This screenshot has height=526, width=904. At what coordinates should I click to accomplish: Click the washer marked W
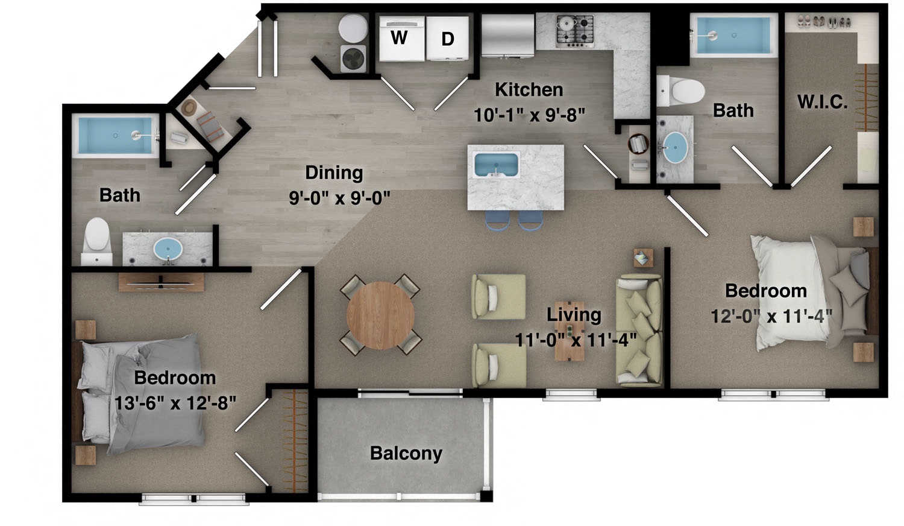400,38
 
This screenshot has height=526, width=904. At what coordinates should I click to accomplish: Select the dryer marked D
447,38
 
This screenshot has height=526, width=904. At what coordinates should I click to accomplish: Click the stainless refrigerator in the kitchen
507,34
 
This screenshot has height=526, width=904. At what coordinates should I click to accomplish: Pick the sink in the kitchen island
496,165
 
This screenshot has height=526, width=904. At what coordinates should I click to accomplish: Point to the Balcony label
406,454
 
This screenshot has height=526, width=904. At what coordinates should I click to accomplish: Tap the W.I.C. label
822,102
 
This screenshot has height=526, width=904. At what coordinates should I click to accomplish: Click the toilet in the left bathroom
96,239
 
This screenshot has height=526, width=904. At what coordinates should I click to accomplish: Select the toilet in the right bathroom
682,92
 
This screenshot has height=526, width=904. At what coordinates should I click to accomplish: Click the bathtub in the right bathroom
733,36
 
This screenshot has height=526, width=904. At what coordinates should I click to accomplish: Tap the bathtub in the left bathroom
114,136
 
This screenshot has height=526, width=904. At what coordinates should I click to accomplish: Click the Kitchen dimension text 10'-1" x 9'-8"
529,115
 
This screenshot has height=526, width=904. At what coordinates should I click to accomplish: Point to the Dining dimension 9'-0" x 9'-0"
339,197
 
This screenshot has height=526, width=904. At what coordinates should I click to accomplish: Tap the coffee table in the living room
570,331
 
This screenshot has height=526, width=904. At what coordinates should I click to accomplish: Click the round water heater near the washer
353,28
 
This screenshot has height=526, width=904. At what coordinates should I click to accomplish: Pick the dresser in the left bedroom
161,282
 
